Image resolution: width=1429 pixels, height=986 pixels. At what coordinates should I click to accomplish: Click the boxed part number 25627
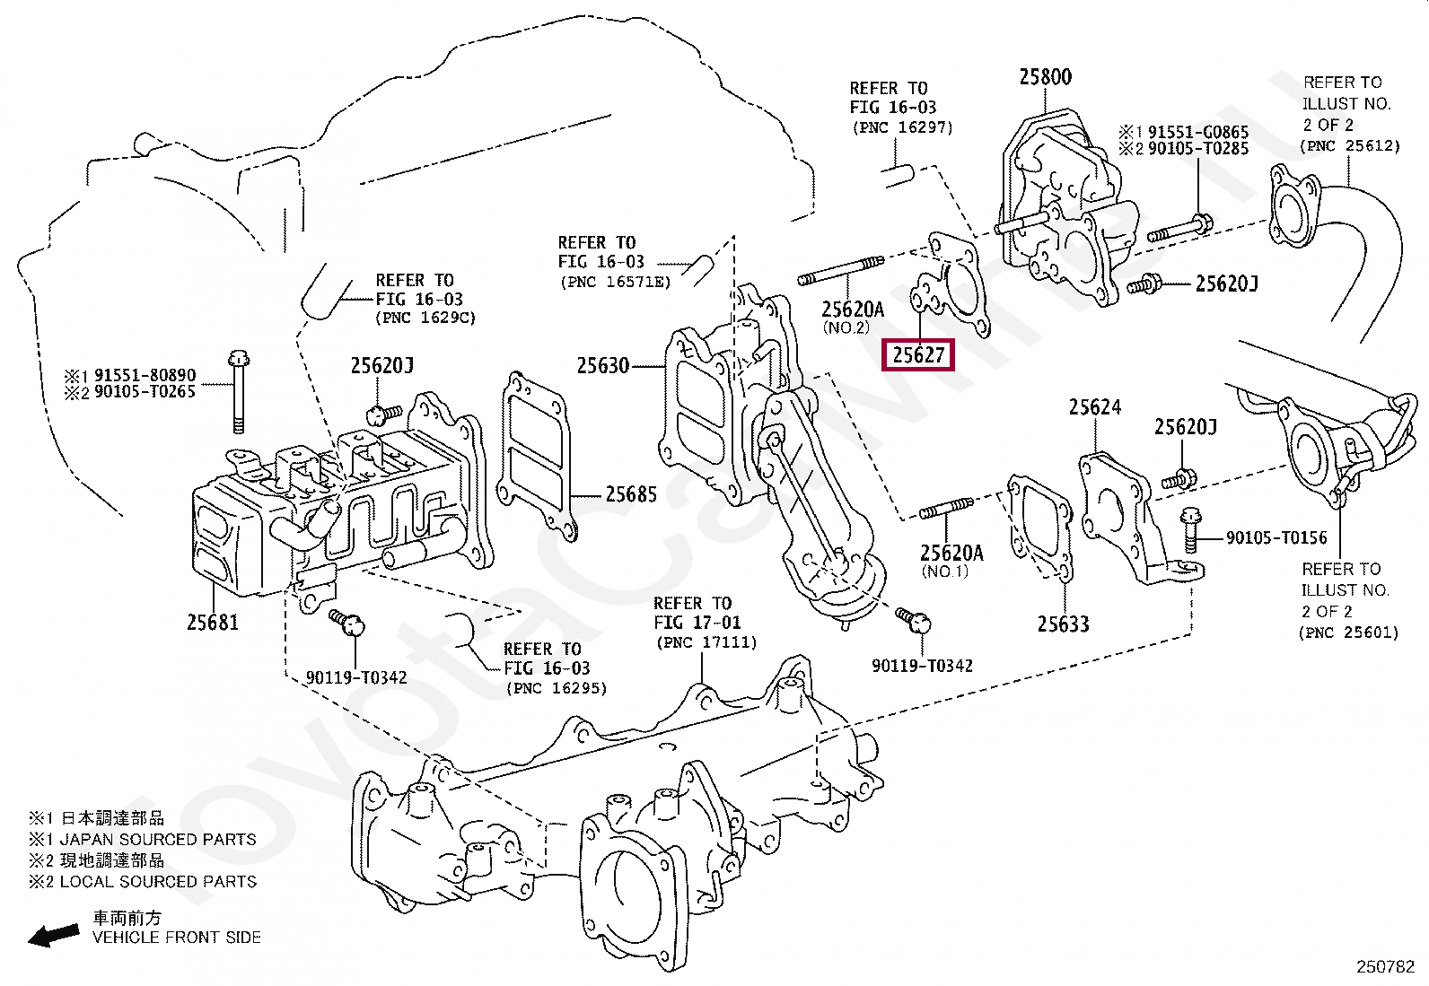[918, 354]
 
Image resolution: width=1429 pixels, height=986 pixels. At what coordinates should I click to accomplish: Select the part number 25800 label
[1045, 76]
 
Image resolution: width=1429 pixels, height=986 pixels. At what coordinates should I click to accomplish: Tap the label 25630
[603, 365]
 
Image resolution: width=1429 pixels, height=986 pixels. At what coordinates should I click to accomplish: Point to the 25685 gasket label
[631, 494]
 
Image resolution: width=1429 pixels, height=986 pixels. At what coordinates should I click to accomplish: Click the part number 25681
[213, 622]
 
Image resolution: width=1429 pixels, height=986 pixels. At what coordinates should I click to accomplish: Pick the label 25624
[1095, 407]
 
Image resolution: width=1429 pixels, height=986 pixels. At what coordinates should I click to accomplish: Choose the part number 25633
[1063, 624]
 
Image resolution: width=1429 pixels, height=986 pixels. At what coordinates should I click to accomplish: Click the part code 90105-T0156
[1276, 537]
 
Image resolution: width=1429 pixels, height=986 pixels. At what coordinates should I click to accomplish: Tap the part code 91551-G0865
[1198, 132]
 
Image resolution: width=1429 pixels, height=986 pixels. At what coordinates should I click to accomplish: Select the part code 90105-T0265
[145, 391]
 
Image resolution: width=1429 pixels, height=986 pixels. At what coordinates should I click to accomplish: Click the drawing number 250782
[1386, 967]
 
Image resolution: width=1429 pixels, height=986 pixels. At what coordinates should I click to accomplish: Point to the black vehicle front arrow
[54, 935]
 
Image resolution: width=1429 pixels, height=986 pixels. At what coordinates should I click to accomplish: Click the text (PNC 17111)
[706, 642]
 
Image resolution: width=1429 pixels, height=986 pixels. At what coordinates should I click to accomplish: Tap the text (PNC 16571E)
[616, 281]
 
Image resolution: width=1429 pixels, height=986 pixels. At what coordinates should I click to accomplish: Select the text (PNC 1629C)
[425, 318]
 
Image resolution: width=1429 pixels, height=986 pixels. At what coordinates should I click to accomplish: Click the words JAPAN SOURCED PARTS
[158, 840]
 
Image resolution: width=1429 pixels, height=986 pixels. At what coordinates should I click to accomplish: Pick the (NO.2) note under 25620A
[846, 327]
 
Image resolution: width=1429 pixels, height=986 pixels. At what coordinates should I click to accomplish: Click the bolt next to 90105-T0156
[1190, 529]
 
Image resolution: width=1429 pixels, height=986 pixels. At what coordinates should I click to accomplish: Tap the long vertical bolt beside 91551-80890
[238, 391]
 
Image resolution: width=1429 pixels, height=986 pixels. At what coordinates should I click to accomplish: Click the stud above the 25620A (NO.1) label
[946, 509]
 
